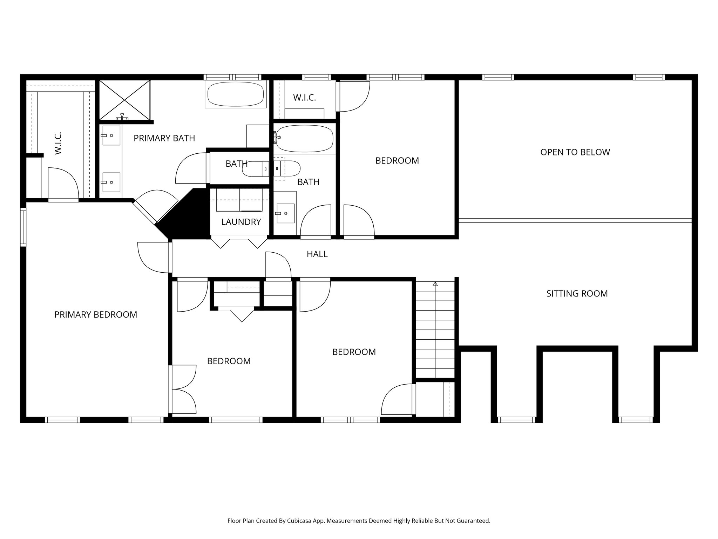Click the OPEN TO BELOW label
point(575,152)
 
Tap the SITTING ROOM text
point(577,294)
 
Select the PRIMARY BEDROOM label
point(96,315)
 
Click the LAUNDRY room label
point(241,222)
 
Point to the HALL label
point(317,254)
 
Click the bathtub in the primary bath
point(235,94)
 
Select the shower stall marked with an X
point(124,100)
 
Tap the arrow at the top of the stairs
point(435,284)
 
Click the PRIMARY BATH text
point(164,138)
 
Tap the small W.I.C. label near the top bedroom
point(304,98)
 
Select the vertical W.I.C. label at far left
point(58,143)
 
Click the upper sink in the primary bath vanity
point(111,135)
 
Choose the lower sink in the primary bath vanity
point(111,182)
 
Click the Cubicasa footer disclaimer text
point(359,521)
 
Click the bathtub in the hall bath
point(304,139)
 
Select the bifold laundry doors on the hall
point(239,242)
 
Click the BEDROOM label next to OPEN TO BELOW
point(397,161)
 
